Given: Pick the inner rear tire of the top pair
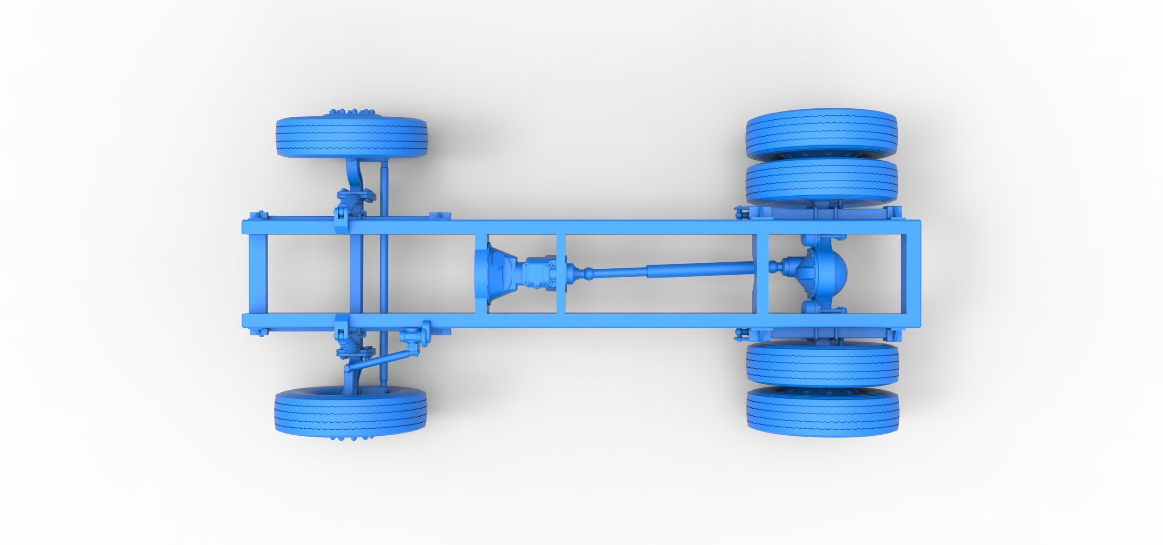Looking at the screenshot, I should (821, 182).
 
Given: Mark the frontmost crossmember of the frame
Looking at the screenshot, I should (257, 274).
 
